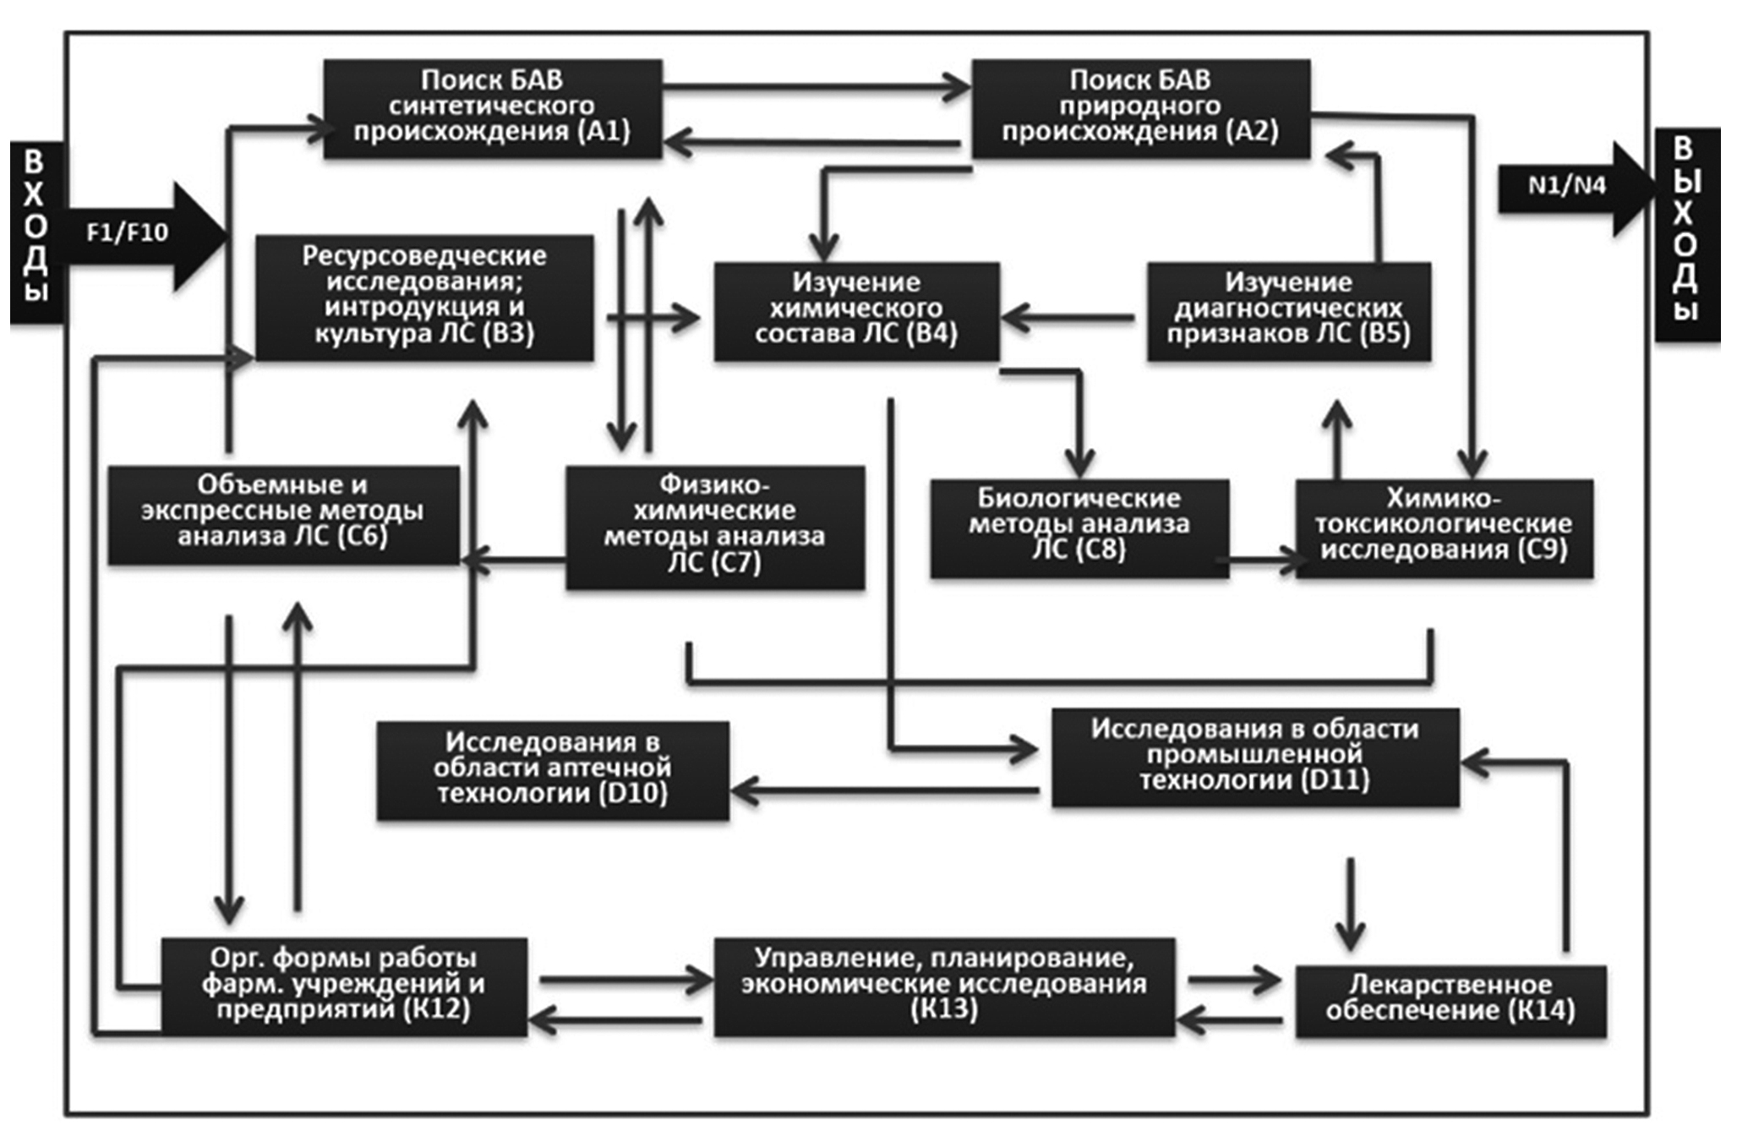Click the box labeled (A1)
point(492,107)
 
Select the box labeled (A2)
point(1140,107)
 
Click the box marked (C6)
point(283,513)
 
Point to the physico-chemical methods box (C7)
point(714,526)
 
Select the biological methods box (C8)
point(1079,527)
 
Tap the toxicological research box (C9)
point(1444,527)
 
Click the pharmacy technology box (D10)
point(552,769)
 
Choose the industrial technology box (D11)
point(1254,756)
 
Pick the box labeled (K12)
point(344,986)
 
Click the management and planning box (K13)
point(943,986)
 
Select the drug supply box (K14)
point(1450,999)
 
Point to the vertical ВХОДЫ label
point(35,228)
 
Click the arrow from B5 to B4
point(1068,318)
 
